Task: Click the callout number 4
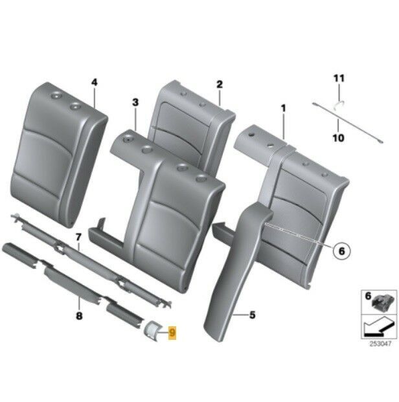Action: point(94,82)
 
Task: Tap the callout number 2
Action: point(220,84)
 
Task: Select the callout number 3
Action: point(135,102)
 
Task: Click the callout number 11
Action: point(336,79)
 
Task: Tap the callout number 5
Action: point(252,315)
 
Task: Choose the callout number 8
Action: point(79,317)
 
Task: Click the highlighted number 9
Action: point(172,333)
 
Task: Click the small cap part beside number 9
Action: point(155,330)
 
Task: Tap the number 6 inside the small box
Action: point(367,297)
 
